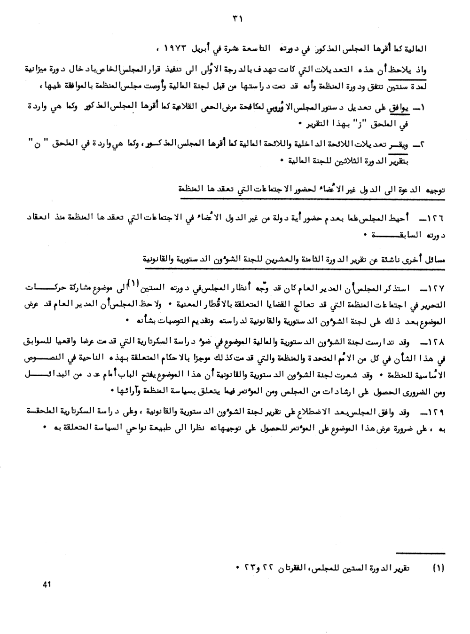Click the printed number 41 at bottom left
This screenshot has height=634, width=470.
tap(47, 585)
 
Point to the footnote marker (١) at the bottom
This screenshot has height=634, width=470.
tap(438, 568)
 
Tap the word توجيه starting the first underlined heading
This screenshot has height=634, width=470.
tap(435, 190)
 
